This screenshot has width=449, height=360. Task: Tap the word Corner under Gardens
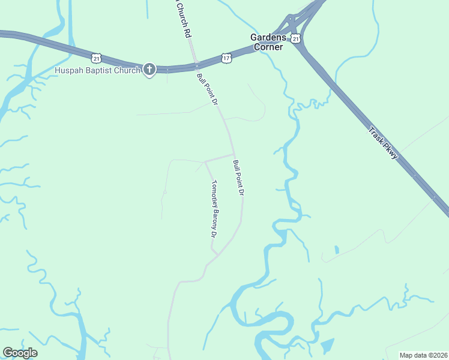pos(268,46)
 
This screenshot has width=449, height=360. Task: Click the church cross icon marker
pos(149,70)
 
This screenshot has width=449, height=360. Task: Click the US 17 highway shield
pos(226,58)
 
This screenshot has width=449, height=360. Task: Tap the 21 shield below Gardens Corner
pos(295,39)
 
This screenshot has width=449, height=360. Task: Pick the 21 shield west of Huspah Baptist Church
pos(97,58)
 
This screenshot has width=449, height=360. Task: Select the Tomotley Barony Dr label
pos(213,209)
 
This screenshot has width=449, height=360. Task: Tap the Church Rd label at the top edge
pos(182,18)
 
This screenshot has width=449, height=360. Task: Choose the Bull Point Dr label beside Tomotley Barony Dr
pos(239,178)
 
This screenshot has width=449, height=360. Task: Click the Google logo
pos(20,353)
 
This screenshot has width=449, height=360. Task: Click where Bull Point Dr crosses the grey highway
pos(194,65)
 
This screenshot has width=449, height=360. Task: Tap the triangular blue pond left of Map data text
pos(327,346)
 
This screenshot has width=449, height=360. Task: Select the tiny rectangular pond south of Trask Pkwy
pos(336,249)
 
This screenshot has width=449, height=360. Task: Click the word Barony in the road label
pos(213,214)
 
